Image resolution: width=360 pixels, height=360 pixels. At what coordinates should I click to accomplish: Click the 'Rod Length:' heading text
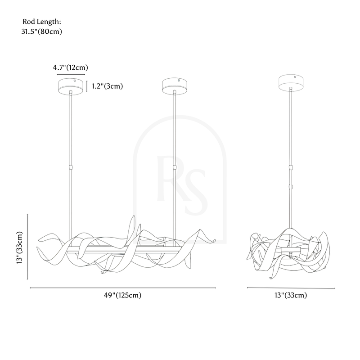[42, 22]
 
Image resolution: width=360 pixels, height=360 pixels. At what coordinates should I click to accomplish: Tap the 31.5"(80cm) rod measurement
[42, 31]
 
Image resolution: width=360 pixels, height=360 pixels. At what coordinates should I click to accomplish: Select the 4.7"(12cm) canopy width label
[71, 67]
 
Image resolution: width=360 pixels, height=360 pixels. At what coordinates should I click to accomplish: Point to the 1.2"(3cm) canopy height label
[107, 86]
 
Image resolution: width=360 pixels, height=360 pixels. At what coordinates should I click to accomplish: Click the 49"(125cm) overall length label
[122, 295]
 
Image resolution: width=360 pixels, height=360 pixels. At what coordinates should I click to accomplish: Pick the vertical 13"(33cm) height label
[19, 247]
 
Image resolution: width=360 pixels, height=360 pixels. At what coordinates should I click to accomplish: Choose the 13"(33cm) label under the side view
[291, 295]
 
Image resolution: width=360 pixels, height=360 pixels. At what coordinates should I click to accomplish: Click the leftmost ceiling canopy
[71, 86]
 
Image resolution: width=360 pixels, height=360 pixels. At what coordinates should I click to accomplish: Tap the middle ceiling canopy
[175, 86]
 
